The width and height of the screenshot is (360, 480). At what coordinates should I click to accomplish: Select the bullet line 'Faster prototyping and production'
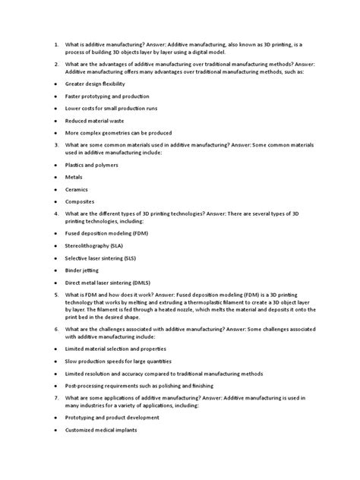(107, 96)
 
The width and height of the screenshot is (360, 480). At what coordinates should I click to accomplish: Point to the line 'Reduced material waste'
(96, 121)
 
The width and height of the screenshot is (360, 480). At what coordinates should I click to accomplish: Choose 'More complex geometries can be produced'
(119, 133)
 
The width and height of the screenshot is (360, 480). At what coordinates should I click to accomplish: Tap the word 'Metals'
(74, 176)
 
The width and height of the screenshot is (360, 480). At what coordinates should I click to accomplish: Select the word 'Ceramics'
(77, 188)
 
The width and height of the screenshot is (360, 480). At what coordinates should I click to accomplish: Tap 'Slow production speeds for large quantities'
(118, 361)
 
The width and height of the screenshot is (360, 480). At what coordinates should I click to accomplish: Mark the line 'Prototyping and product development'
(112, 417)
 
